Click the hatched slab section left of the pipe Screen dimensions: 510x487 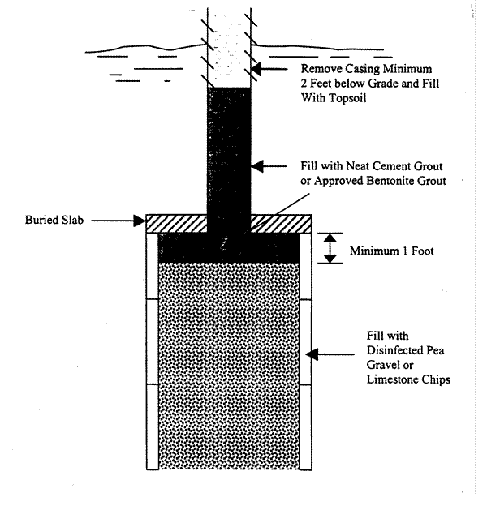pyautogui.click(x=175, y=221)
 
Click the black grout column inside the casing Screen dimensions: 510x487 pyautogui.click(x=230, y=154)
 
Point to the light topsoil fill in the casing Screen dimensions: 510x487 pyautogui.click(x=230, y=49)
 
